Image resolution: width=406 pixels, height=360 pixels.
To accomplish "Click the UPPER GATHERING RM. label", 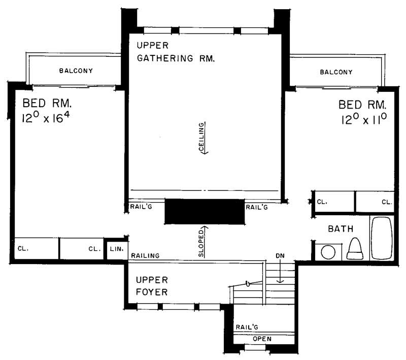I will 176,52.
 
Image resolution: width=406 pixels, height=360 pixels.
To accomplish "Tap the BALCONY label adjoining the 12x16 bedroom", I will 76,71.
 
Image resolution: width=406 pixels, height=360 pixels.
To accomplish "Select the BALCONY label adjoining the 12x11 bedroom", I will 336,72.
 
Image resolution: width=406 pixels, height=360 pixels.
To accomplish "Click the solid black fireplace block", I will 205,211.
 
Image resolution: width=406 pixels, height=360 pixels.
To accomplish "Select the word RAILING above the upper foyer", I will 146,255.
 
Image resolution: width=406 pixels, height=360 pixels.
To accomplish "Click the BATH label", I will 340,229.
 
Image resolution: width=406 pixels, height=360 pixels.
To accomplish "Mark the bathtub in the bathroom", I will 381,238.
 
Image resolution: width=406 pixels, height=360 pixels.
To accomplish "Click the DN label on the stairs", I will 280,255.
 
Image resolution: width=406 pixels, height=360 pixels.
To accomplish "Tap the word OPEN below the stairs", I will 262,339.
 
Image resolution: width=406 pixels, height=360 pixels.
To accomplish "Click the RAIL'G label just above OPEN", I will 245,327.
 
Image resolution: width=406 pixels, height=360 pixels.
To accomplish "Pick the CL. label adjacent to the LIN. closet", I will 94,249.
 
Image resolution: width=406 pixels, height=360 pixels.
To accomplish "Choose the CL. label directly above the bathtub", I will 387,202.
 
